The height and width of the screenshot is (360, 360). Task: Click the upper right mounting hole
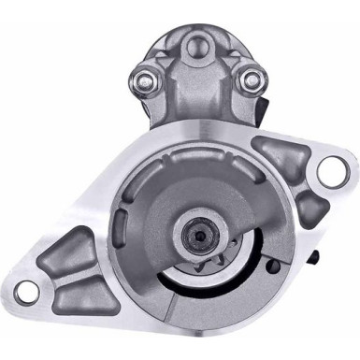click(330, 169)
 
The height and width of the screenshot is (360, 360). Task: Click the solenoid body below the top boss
click(198, 98)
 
